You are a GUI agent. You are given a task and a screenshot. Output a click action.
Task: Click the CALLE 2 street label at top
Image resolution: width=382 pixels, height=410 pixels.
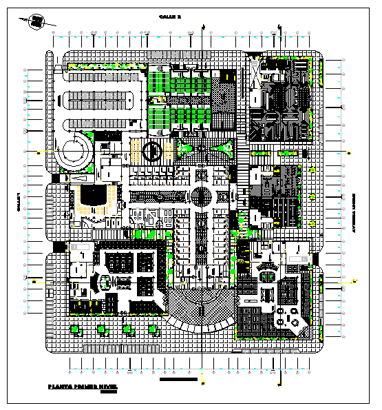click(169, 16)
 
